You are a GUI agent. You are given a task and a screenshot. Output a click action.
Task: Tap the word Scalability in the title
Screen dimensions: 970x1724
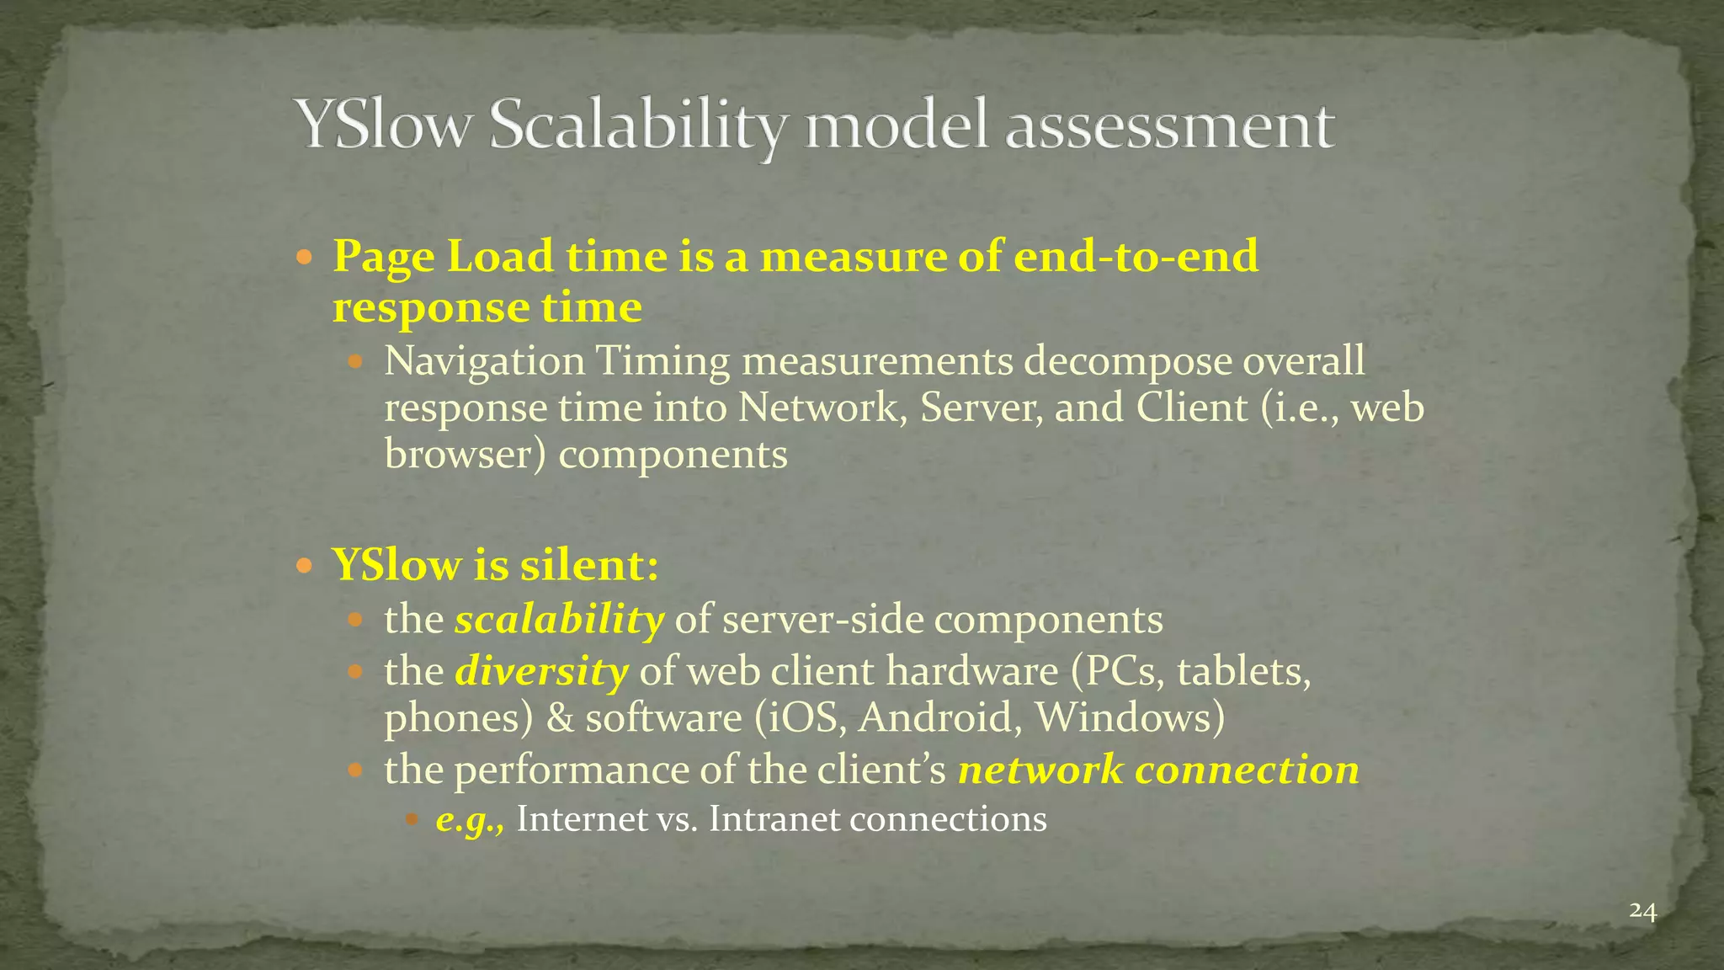coord(637,126)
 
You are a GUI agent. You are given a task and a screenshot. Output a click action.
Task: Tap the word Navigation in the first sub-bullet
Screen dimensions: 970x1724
coord(484,362)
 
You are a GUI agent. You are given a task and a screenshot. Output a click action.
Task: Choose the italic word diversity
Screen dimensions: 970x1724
coord(541,671)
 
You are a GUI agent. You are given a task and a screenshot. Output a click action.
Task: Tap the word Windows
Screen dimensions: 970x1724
coord(1129,718)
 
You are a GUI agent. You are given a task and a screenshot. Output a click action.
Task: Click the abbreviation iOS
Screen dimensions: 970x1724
coord(805,718)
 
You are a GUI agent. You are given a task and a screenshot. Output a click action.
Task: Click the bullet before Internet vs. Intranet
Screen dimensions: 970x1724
coord(412,818)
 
